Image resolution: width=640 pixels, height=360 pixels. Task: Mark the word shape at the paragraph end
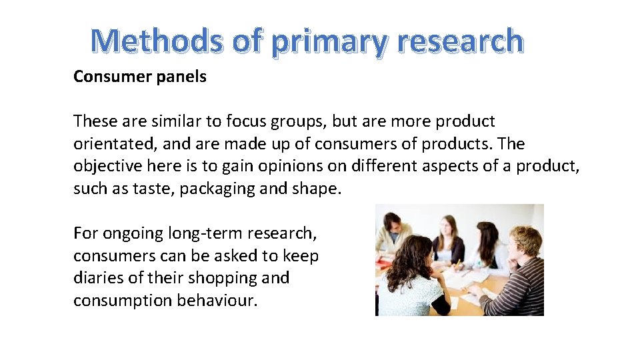(315, 189)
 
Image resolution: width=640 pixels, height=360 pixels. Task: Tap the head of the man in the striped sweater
(525, 241)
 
